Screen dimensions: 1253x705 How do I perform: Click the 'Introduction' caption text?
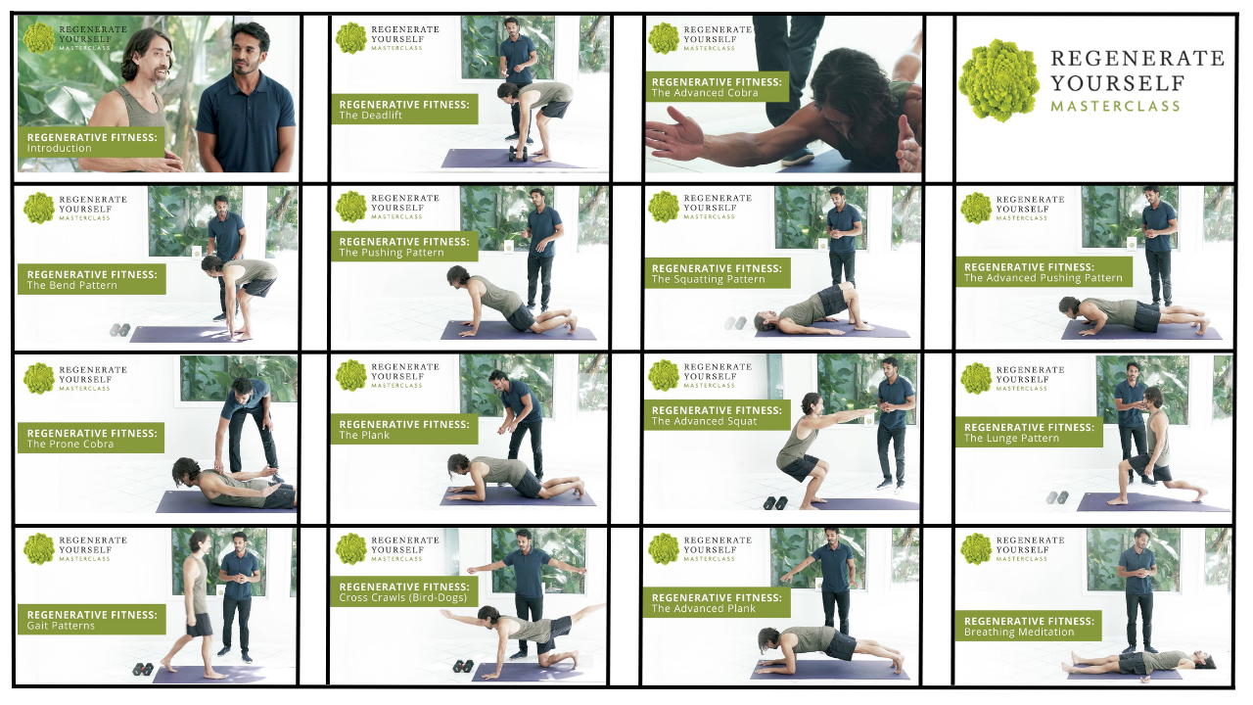[60, 148]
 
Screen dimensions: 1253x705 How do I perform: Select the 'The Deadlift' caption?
[370, 116]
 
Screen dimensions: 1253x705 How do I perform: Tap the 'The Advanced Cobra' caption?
[705, 93]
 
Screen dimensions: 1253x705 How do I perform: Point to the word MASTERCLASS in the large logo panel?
[1115, 107]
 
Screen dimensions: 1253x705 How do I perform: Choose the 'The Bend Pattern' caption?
[72, 285]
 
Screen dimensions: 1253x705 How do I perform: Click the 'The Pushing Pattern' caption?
[392, 253]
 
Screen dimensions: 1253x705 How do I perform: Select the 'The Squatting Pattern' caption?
[708, 279]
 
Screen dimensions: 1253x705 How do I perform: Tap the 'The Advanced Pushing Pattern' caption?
[1044, 278]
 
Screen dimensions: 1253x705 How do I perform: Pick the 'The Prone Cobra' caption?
[70, 445]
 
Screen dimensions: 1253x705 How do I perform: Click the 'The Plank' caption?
[364, 436]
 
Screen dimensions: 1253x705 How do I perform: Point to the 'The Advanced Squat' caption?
[704, 421]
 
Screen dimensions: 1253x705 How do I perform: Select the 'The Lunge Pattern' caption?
[1011, 438]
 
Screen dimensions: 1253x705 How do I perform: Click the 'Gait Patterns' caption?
[61, 626]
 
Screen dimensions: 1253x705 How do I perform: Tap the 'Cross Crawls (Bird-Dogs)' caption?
[402, 597]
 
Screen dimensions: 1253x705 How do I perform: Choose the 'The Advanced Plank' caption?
[704, 608]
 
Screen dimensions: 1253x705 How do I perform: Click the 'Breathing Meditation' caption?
[1019, 633]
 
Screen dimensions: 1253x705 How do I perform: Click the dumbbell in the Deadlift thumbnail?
[518, 154]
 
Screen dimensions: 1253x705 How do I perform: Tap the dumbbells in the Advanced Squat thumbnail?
[775, 503]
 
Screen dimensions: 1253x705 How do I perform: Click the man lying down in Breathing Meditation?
[1137, 663]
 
